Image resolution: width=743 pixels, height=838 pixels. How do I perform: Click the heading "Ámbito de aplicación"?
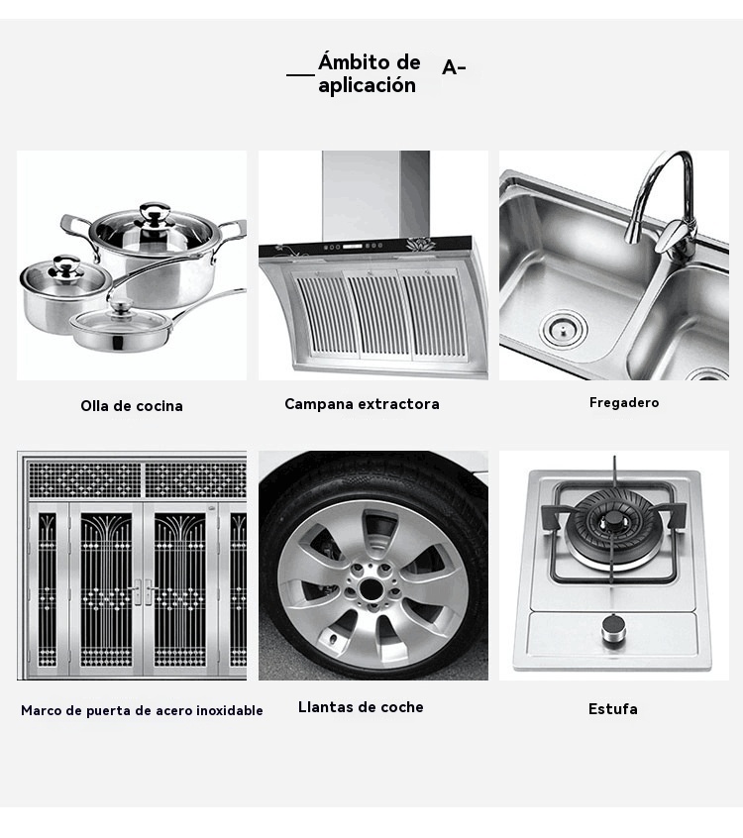[369, 73]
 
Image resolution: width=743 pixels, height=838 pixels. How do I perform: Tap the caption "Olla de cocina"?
[132, 406]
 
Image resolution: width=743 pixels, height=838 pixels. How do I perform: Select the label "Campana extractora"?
[362, 403]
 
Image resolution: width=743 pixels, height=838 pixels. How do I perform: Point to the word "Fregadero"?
[624, 402]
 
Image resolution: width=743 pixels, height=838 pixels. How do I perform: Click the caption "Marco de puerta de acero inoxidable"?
[142, 710]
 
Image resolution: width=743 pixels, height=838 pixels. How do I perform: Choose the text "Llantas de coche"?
[361, 707]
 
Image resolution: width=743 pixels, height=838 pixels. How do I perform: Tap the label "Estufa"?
[612, 709]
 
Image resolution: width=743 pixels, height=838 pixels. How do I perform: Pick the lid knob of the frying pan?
[122, 307]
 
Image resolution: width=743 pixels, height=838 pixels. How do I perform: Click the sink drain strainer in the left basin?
[563, 329]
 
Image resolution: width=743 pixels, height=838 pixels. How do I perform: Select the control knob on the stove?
[613, 630]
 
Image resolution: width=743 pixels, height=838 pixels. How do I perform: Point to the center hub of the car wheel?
[371, 589]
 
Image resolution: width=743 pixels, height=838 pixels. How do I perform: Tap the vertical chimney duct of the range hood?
[375, 195]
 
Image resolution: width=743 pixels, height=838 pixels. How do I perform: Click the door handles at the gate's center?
[143, 591]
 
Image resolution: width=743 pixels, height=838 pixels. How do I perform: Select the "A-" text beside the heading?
[454, 68]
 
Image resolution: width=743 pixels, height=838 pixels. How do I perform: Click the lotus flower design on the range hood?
[421, 245]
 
